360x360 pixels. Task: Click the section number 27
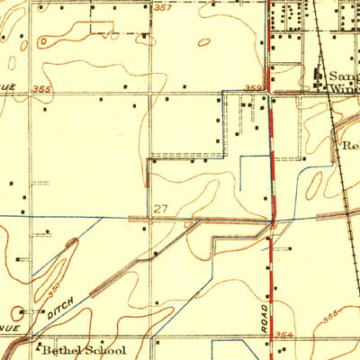[x=160, y=209]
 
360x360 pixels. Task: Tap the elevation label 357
[x=162, y=8]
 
